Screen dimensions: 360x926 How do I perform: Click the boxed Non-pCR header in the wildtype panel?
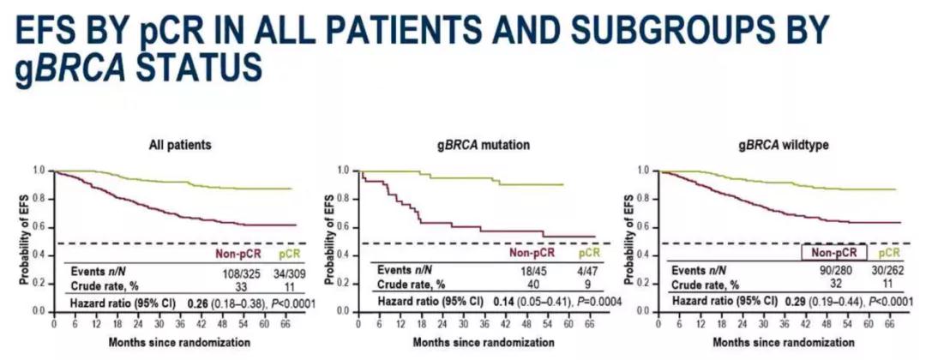point(833,253)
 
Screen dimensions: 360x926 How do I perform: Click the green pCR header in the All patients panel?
point(285,253)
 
